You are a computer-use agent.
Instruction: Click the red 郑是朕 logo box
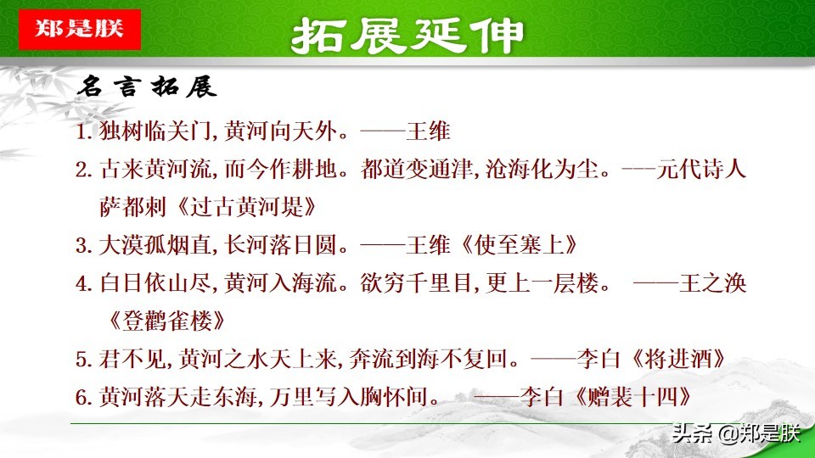[79, 29]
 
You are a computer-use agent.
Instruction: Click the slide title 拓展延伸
[407, 36]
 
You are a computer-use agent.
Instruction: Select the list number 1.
[82, 132]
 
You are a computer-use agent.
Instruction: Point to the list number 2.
[82, 170]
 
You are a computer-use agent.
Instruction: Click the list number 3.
[82, 246]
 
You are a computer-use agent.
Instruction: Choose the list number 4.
[82, 284]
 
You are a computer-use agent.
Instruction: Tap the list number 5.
[82, 359]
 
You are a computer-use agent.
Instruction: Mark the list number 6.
[82, 396]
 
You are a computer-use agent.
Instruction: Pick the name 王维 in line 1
[429, 132]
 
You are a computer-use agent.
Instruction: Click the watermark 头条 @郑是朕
[735, 434]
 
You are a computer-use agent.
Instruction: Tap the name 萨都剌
[128, 208]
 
